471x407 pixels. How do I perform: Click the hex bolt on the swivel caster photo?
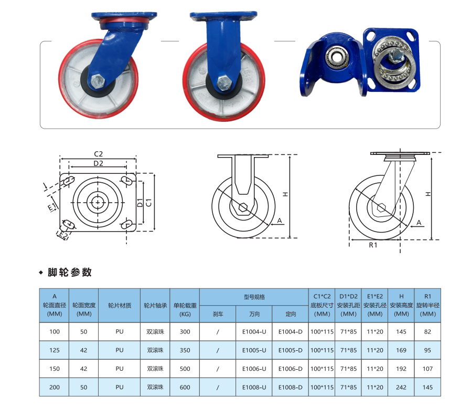click(x=98, y=81)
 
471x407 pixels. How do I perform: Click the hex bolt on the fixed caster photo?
click(x=223, y=83)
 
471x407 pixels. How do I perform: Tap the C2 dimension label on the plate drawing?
click(x=98, y=154)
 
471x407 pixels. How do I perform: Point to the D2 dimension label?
click(x=98, y=163)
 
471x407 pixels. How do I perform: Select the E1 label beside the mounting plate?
click(x=52, y=207)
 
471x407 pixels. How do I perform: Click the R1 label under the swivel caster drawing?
click(x=373, y=245)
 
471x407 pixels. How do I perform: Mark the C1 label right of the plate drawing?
click(x=148, y=202)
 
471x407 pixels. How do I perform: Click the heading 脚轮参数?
click(x=69, y=272)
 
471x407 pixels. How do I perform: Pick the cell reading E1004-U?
click(x=254, y=331)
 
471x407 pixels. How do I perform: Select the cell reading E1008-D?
click(x=290, y=387)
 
